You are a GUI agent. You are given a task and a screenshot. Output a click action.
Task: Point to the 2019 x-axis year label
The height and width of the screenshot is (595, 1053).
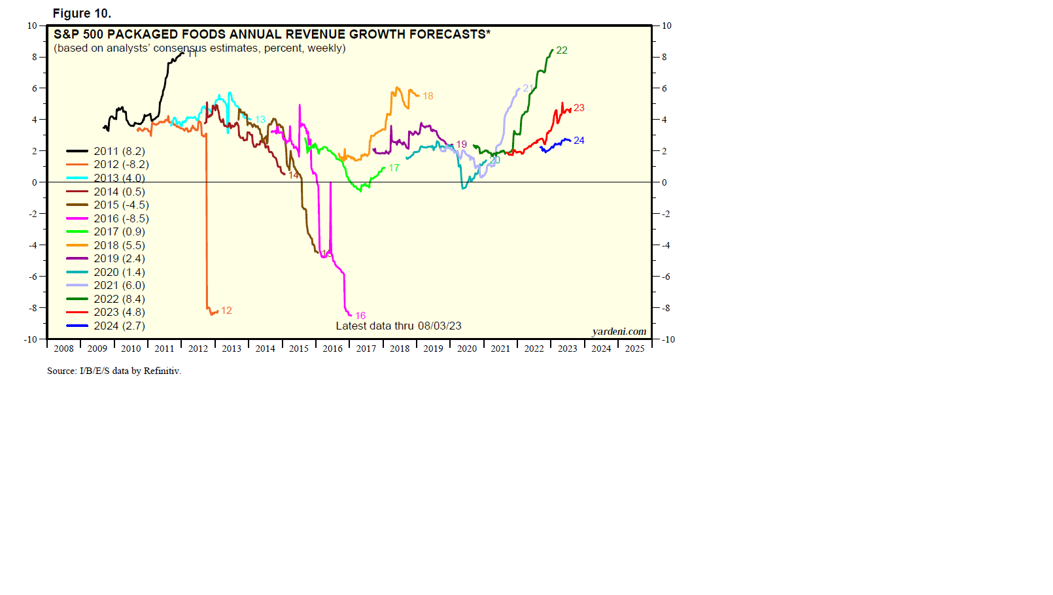coord(433,348)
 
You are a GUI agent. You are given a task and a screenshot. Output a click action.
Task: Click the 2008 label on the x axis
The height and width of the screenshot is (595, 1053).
coord(63,348)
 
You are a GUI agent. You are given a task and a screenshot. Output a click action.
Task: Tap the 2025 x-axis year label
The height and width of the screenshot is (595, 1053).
coord(634,348)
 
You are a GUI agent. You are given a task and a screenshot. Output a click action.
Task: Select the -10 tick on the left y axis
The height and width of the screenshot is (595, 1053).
coord(31,339)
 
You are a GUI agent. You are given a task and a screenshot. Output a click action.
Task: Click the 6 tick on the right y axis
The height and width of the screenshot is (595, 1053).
coord(665,88)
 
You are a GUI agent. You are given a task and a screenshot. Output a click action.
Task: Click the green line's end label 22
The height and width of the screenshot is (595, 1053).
coord(562,50)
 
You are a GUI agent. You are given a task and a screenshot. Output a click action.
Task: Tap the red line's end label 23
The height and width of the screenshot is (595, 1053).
coord(579,108)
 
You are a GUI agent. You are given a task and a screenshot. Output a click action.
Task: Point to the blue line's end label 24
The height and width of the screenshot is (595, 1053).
coord(579,141)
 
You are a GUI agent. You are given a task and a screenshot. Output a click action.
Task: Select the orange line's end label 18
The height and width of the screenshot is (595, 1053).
coord(428,96)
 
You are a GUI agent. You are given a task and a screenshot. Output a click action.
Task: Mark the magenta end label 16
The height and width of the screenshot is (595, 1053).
coord(360,316)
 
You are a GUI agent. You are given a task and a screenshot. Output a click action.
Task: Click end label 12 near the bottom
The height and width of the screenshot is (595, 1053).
coord(226,311)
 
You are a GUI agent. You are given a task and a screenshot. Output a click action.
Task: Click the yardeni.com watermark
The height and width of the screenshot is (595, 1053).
coord(619,331)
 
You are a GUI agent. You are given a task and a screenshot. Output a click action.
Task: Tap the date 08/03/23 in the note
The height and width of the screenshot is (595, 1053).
coord(440,326)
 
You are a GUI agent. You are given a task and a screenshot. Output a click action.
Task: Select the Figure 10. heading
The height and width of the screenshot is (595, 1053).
coord(82,13)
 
